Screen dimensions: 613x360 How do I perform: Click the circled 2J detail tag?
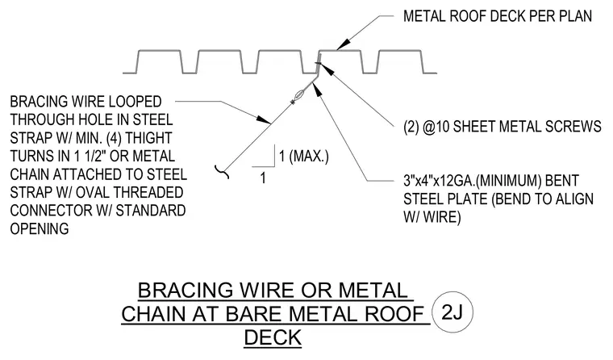452,312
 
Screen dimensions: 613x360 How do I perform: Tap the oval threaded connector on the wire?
299,95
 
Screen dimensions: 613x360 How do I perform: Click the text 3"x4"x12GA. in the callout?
439,181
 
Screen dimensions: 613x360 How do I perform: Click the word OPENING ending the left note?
40,228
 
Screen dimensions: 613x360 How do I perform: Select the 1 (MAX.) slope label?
304,156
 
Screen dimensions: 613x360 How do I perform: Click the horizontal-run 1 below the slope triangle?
263,178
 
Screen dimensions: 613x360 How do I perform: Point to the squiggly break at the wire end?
222,172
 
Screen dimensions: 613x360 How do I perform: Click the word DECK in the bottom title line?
273,337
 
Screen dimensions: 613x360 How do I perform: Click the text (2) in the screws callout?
411,127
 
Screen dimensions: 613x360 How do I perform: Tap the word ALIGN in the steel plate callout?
572,199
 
